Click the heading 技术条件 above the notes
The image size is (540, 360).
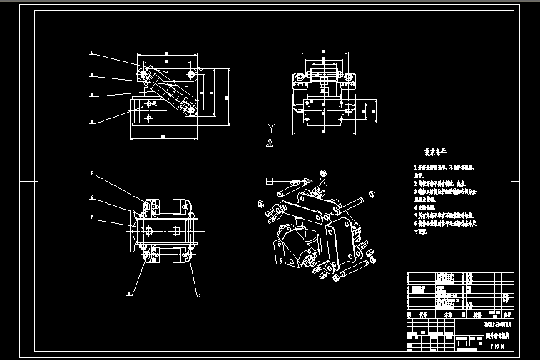tap(435, 153)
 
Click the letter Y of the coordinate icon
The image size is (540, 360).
tap(269, 127)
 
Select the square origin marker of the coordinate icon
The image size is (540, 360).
tap(269, 178)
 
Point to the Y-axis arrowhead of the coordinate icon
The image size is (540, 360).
tap(269, 144)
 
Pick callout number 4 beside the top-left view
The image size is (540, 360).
tap(92, 122)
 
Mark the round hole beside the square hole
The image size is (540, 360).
tap(152, 230)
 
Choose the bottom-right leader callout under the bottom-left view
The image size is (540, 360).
tap(200, 293)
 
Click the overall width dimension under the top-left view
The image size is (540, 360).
tap(162, 136)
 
